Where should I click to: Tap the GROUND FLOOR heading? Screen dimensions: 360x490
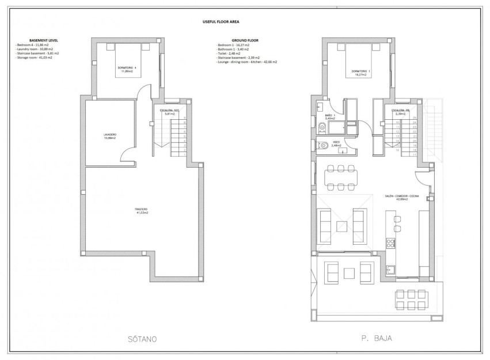230,40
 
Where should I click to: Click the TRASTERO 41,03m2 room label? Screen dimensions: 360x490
142,211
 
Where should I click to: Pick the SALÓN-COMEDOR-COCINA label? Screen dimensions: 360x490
397,198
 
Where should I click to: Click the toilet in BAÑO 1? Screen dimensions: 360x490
322,128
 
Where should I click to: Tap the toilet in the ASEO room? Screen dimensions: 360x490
324,145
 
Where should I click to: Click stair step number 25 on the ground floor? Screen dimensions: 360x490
414,118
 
